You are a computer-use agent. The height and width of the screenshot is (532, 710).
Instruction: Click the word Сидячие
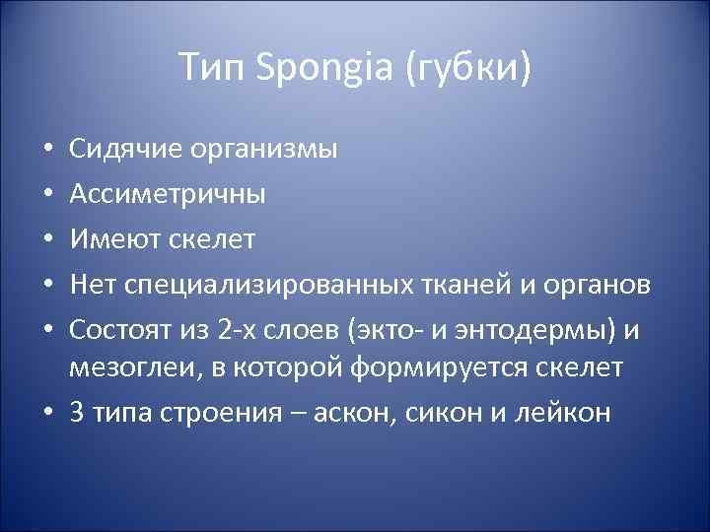pyautogui.click(x=123, y=150)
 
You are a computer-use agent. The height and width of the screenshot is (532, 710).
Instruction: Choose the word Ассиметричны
pyautogui.click(x=167, y=194)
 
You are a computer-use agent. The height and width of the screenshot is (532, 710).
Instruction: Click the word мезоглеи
pyautogui.click(x=127, y=366)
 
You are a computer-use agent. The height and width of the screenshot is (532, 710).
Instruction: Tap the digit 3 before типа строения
pyautogui.click(x=77, y=411)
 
